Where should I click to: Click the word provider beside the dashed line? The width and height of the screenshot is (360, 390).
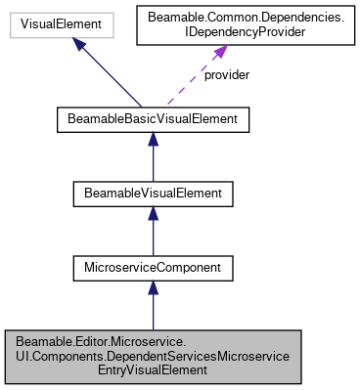coord(227,75)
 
